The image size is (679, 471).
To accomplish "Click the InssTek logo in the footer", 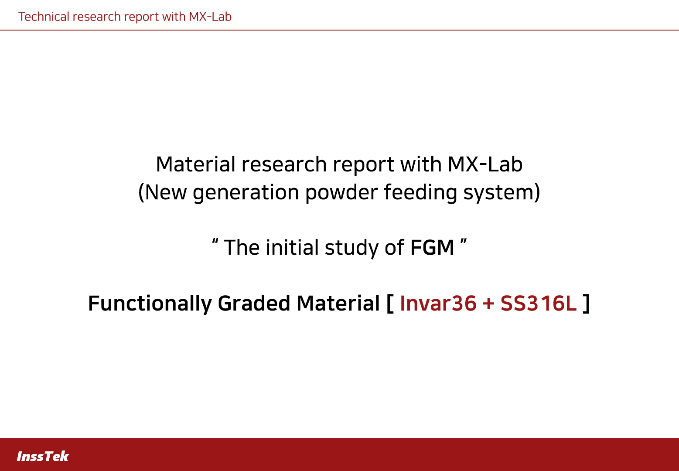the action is click(43, 456).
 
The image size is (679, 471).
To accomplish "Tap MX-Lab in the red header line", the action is click(210, 17).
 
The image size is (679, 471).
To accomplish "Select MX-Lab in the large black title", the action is click(485, 164).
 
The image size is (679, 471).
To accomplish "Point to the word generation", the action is click(246, 193).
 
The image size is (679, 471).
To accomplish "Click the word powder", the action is click(341, 193).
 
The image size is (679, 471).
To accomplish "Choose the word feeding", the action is click(420, 193).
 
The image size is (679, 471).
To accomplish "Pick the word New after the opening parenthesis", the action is click(166, 192).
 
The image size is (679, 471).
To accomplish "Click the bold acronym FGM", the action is click(432, 247).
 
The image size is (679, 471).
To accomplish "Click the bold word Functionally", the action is click(150, 304).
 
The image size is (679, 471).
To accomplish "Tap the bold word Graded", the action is click(254, 303).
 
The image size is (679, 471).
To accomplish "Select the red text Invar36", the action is click(438, 303).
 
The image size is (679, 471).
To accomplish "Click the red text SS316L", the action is click(538, 303).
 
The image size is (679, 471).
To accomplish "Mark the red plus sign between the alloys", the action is click(488, 304).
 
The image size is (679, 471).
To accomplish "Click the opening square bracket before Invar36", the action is click(390, 303).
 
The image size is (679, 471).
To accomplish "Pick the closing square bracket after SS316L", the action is click(586, 303).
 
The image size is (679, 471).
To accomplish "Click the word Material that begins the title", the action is click(195, 164).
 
